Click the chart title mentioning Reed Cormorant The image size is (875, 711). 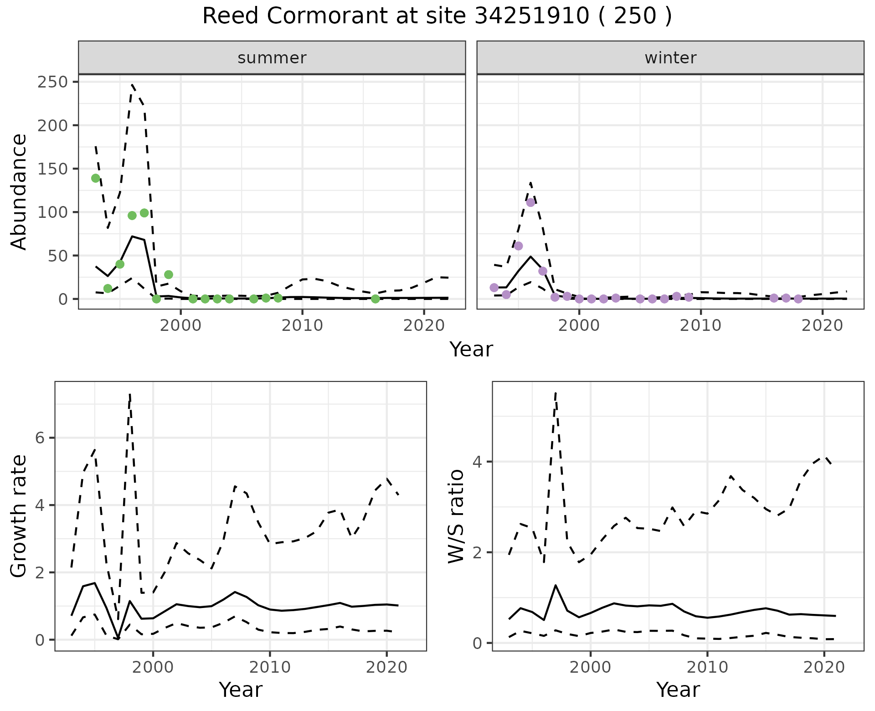coord(437,16)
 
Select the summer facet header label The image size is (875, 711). coord(272,58)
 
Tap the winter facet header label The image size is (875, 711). coord(670,58)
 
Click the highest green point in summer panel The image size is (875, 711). coord(96,178)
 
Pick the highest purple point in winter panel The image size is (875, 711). coord(530,202)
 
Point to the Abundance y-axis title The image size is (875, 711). coord(19,191)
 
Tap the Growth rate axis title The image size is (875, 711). coord(19,516)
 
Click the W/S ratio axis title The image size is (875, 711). coord(456,516)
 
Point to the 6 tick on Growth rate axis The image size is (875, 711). coord(40,438)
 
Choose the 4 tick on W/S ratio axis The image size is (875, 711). coord(477,462)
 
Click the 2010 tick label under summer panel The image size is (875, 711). coord(302,325)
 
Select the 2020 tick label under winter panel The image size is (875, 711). coord(823,325)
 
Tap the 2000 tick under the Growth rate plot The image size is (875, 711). coord(153,668)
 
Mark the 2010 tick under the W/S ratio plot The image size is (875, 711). coord(707,668)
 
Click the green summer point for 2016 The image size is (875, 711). coord(376,299)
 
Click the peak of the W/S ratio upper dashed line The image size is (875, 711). coord(556,392)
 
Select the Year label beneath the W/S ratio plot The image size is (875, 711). coord(678,690)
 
